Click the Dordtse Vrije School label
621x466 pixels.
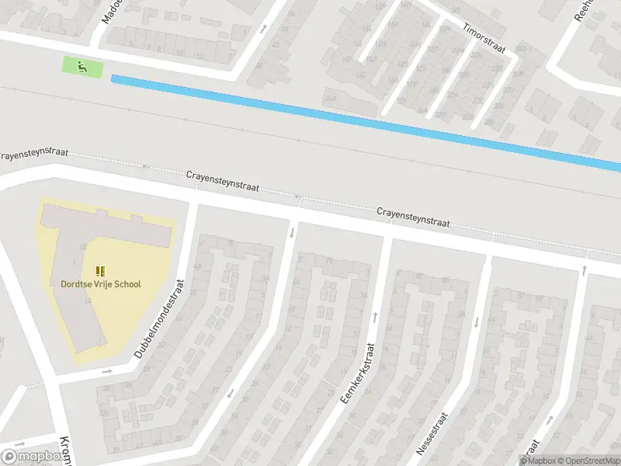click(101, 284)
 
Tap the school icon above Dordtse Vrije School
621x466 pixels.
click(100, 270)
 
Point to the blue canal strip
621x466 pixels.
click(365, 120)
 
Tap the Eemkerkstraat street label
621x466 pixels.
click(358, 373)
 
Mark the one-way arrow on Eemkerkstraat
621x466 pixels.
click(376, 316)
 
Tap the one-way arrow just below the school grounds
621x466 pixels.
click(107, 371)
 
